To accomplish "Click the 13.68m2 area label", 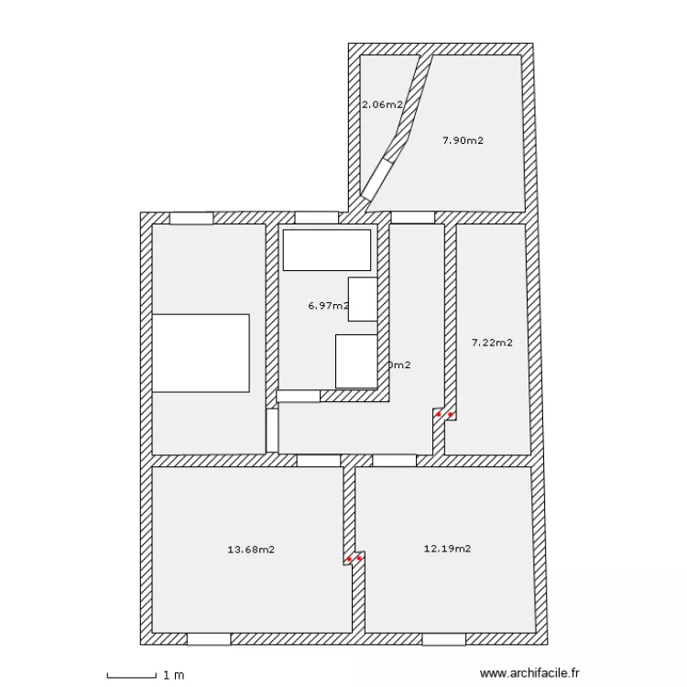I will tap(250, 550).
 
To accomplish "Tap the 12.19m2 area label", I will tap(447, 549).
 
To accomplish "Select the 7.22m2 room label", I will tap(491, 343).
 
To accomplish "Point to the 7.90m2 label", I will tap(462, 140).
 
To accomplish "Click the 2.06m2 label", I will tap(382, 104).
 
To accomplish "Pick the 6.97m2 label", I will tap(328, 306).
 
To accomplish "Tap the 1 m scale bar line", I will tap(131, 677).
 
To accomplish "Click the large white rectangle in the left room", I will tap(201, 354).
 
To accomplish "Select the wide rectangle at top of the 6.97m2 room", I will tap(327, 250).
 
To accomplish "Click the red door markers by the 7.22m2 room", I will tap(444, 415).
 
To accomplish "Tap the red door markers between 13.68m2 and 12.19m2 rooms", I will tap(354, 558).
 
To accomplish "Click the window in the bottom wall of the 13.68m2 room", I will tap(209, 638).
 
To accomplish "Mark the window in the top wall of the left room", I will tap(191, 218).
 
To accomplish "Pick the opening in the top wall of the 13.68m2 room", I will tap(319, 461).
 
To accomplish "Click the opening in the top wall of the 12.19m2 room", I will tap(394, 461).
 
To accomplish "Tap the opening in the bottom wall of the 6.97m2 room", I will tap(299, 397).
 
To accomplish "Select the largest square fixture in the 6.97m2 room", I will tap(356, 361).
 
